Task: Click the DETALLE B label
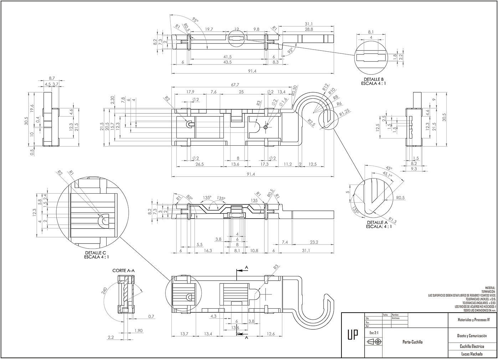point(374,79)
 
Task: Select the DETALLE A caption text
point(379,223)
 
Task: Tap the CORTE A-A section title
point(124,271)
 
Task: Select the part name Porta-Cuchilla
point(412,342)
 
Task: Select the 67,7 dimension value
point(235,85)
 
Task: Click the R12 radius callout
point(325,87)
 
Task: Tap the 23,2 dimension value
point(314,242)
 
